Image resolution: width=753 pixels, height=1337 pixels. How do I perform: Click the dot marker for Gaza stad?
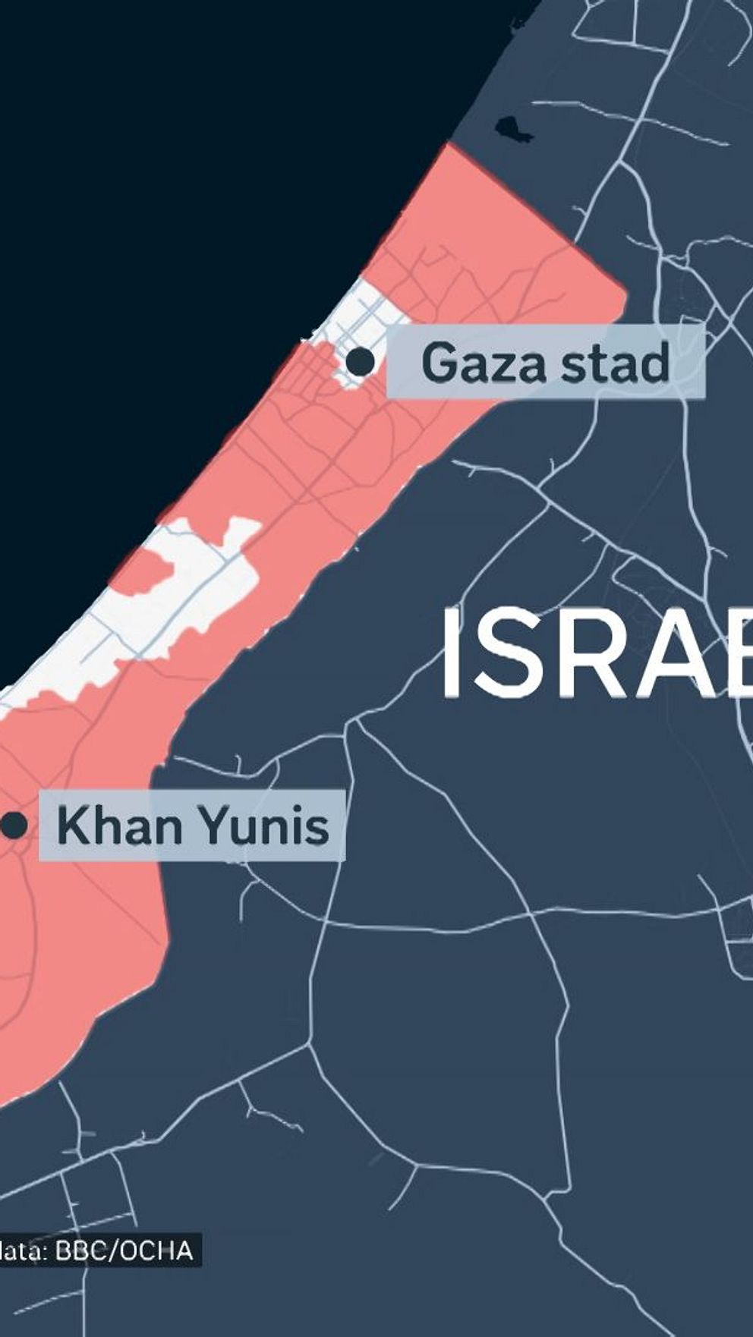tap(361, 362)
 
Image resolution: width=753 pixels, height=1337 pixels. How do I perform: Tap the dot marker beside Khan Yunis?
tap(14, 826)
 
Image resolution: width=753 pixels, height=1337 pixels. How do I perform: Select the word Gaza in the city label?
tap(483, 363)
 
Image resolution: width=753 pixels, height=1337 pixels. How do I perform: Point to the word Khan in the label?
tap(118, 826)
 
